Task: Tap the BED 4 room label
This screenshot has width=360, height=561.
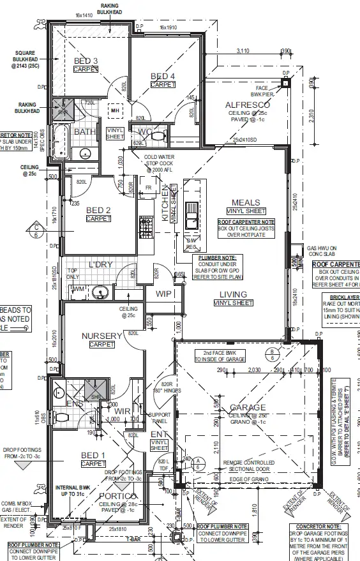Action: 163,77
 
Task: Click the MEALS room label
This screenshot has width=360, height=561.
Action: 246,202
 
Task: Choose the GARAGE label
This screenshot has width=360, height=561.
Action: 244,407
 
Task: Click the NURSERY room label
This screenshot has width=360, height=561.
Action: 101,336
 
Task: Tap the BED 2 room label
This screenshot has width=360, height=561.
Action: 99,210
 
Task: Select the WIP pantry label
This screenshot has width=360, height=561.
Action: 164,294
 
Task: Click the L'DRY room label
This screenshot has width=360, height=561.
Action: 101,264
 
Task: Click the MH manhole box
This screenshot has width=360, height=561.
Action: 115,110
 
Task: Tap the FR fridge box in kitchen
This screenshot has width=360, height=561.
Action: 148,188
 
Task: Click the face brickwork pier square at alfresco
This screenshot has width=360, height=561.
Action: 285,82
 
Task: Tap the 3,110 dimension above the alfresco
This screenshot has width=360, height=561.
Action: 243,50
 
